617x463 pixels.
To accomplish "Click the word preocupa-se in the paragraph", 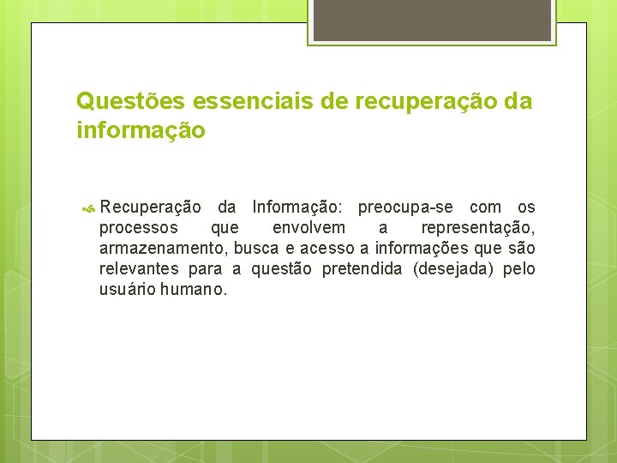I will coord(408,207).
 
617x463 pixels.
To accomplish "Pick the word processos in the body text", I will coord(139,228).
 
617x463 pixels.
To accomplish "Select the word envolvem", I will coord(308,228).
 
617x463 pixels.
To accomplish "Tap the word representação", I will coord(477,228).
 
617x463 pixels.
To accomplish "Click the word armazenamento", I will coord(162,249).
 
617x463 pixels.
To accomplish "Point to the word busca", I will coord(255,249).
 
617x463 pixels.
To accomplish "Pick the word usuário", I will coord(127,290).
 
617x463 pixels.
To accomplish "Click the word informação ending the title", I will coord(141,131).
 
